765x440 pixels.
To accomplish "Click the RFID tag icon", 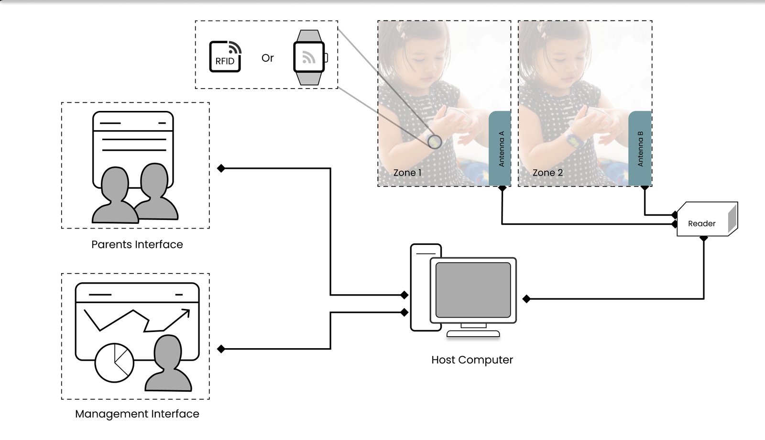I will tap(225, 56).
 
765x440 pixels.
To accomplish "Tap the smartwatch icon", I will tap(309, 57).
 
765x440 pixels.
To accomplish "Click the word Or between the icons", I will tap(268, 58).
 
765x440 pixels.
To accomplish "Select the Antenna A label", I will tap(501, 149).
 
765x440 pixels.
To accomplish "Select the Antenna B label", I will tap(640, 149).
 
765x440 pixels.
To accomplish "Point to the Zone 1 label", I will tap(407, 173).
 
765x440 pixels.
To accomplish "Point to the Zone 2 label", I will tap(547, 173).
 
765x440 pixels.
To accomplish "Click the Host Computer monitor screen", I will tap(473, 290).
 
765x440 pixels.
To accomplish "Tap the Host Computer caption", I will tap(472, 360).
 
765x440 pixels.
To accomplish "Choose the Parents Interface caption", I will tap(137, 244).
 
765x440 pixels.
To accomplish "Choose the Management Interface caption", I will tap(137, 414).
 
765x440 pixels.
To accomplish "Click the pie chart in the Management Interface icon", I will tap(114, 363).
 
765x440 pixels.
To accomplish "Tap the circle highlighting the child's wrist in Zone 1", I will tap(435, 142).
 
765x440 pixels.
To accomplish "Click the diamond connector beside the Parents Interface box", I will tap(221, 168).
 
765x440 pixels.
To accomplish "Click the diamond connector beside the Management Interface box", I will tap(221, 349).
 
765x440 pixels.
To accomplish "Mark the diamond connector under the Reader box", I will tap(704, 238).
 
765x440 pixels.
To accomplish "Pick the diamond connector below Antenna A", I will tap(502, 188).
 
